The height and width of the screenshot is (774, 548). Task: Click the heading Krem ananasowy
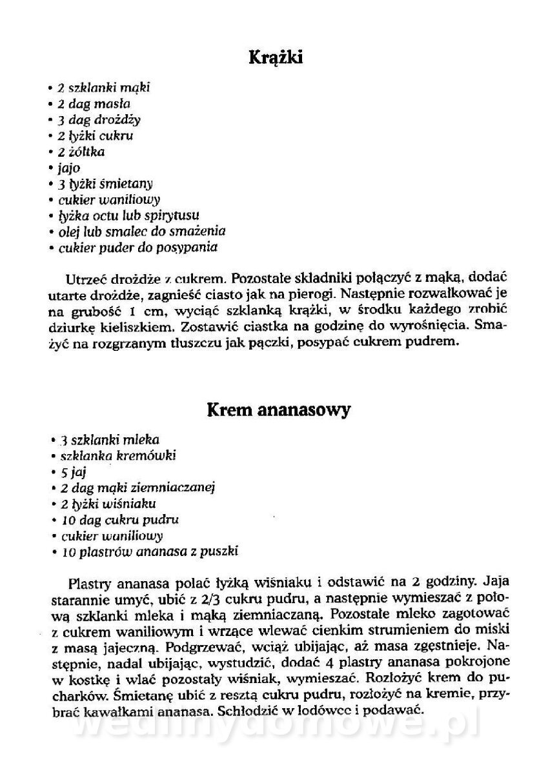278,410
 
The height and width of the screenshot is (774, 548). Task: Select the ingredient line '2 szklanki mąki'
104,87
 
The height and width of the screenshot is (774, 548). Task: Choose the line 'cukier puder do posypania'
137,247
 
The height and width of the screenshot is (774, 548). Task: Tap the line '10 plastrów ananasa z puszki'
150,551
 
